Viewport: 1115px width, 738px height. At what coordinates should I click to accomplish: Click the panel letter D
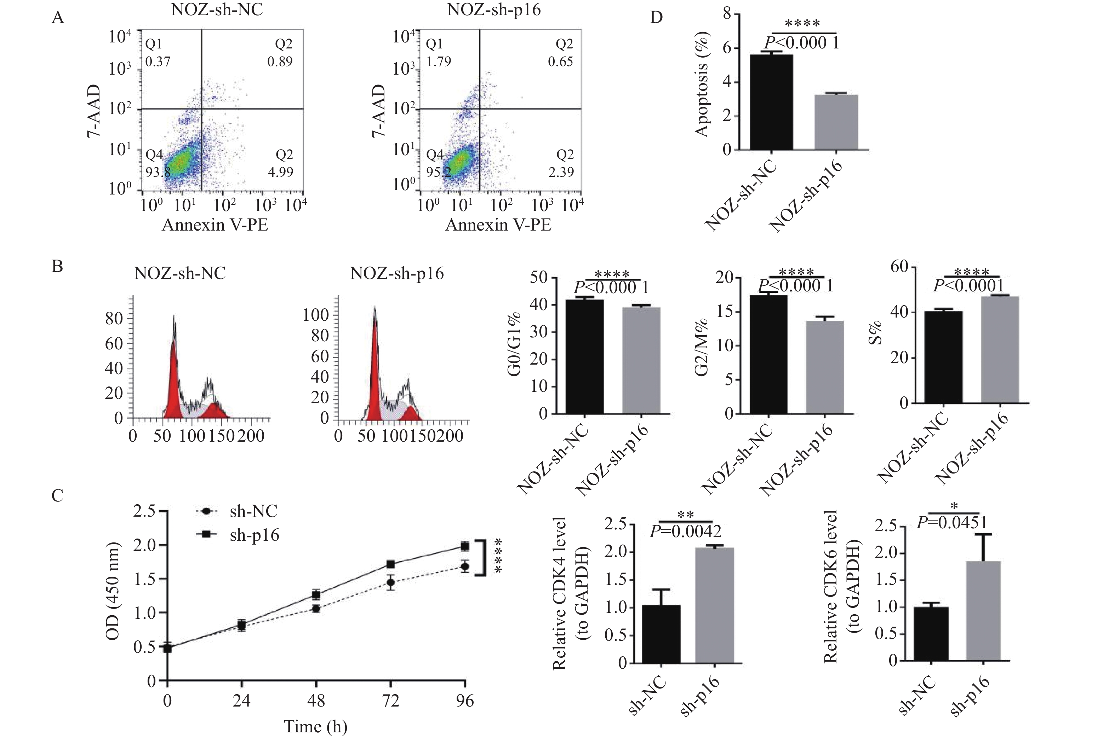coord(656,17)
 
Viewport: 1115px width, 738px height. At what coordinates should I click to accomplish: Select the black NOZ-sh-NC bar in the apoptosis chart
coord(771,102)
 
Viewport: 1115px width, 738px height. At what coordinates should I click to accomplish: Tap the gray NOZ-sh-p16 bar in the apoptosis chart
coord(836,122)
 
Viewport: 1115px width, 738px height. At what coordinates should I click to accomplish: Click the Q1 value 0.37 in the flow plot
coord(158,61)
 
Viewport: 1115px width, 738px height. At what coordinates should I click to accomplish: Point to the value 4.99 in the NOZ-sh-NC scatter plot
coord(280,172)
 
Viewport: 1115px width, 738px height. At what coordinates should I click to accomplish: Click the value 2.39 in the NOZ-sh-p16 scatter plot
coord(561,172)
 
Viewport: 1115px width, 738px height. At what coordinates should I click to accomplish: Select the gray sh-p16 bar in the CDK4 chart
coord(715,605)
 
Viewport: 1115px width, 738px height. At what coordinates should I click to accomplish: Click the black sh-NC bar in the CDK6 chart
coord(931,634)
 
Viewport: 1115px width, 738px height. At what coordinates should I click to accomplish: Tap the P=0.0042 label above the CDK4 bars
coord(685,531)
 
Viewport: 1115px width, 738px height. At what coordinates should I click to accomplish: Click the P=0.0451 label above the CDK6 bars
coord(951,522)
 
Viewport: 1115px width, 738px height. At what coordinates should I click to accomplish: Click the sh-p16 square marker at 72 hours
coord(390,564)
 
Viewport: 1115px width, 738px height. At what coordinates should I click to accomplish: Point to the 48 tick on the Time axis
coord(316,701)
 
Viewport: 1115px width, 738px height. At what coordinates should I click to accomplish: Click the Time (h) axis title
coord(316,727)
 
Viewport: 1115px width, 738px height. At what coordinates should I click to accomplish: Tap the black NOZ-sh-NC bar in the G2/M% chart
coord(768,354)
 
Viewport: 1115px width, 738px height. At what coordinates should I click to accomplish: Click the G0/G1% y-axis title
coord(514,344)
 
